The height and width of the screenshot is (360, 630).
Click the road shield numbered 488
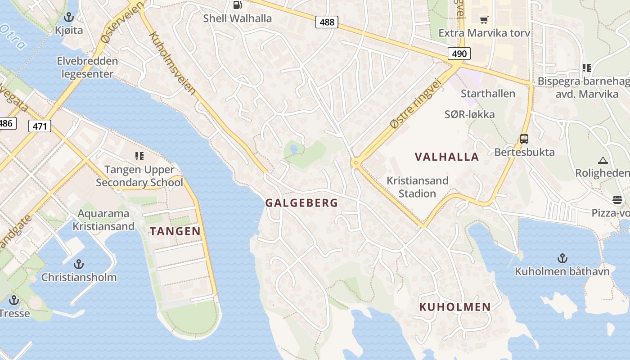coord(327,22)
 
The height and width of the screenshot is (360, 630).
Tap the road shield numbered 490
coord(459,54)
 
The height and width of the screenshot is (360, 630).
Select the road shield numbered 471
coord(40,126)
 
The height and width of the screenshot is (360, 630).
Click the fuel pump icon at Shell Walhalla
coord(237,5)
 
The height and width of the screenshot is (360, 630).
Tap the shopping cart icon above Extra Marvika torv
coord(484,20)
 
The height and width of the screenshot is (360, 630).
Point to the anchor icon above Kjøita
coord(69,18)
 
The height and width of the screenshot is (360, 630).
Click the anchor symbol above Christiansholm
coord(79,264)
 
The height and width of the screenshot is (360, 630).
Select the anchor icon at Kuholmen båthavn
coord(562,258)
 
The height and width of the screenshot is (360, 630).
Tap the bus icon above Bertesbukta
coord(524,139)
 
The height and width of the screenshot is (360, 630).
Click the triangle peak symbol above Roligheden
coord(603,160)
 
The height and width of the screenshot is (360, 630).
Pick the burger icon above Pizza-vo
coord(617,200)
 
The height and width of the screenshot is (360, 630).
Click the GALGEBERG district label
coord(301,203)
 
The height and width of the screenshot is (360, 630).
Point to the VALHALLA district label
coord(447,157)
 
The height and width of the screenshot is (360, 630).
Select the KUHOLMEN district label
coord(455,307)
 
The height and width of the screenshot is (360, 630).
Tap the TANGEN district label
coord(175,231)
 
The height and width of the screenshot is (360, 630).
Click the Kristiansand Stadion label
coord(418,187)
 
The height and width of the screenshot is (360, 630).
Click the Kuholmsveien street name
coord(173,63)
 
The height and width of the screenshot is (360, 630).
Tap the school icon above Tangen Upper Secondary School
coord(139,156)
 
